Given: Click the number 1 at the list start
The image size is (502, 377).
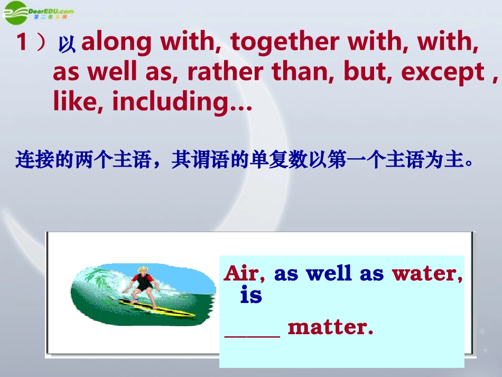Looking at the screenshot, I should click(22, 42).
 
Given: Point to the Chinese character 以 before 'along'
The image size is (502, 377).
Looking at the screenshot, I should click(67, 45).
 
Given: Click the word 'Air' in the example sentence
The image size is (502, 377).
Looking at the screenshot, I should click(240, 273).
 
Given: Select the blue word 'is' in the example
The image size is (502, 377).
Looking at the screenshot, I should click(251, 295).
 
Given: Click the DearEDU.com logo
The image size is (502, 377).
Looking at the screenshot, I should click(37, 11).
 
